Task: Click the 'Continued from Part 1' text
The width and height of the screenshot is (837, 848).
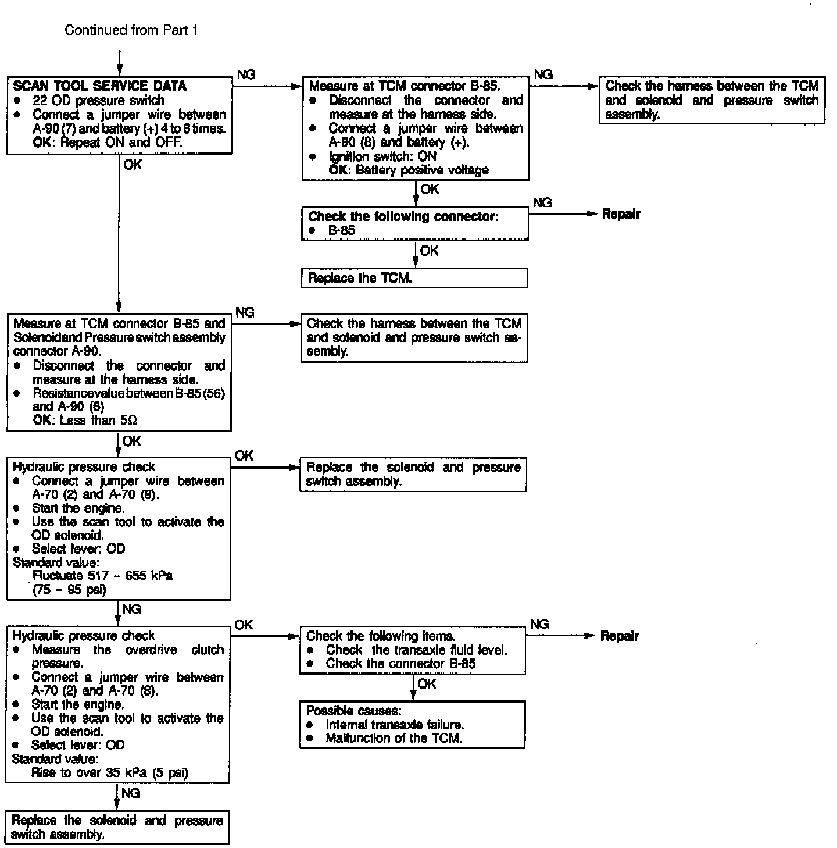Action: pos(131,30)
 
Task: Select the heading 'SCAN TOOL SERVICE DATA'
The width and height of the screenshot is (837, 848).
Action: pos(99,86)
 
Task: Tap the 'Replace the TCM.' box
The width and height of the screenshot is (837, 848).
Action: pos(414,278)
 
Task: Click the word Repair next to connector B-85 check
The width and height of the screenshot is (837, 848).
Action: pos(621,214)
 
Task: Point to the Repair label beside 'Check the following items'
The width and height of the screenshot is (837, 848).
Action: pos(619,636)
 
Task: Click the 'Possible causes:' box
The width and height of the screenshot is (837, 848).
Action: pos(412,724)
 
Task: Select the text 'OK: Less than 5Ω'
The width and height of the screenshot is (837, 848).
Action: pos(85,420)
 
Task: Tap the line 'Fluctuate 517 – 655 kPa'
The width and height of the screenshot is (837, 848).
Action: pos(103,576)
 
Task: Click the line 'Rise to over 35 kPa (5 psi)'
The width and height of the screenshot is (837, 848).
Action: pos(109,773)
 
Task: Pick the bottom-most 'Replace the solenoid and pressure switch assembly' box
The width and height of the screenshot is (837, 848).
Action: pos(117,827)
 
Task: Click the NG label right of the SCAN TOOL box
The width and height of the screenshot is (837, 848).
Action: pos(246,74)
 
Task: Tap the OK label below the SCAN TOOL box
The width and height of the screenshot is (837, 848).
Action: pos(133,165)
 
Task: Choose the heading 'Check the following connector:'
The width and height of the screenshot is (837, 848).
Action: pos(403,216)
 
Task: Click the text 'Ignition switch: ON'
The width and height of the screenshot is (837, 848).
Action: pos(382,156)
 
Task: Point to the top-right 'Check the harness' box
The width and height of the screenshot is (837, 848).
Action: pos(711,100)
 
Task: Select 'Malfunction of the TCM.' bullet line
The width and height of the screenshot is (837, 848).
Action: pos(394,738)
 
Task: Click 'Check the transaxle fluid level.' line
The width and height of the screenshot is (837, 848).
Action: pos(416,650)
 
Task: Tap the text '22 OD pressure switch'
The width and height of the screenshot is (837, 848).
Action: pos(99,100)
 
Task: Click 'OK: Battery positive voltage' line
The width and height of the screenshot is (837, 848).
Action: pos(409,170)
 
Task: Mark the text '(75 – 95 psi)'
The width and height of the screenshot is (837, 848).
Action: pos(69,590)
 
